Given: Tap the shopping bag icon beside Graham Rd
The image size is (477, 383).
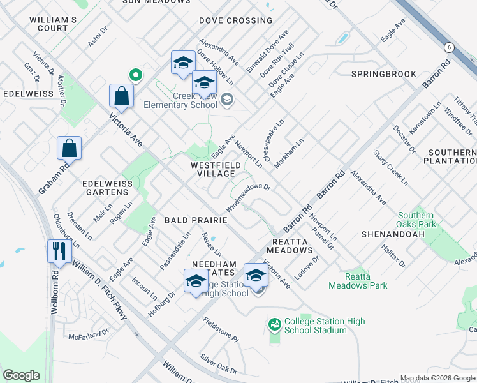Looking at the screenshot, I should click(x=69, y=147).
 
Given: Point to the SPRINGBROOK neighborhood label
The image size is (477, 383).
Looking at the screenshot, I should click(x=383, y=74).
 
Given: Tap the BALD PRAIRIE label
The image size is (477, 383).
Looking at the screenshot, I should click(x=196, y=220).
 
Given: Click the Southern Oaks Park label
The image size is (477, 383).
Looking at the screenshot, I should click(x=417, y=220).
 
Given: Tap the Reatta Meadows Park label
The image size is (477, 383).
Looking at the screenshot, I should click(x=358, y=281).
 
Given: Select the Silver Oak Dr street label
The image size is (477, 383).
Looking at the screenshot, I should click(x=219, y=364).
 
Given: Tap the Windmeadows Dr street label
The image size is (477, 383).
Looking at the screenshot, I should click(x=249, y=198).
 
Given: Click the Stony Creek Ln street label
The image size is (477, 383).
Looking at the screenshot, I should click(x=390, y=168).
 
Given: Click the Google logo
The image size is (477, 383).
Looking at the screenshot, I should click(x=21, y=375).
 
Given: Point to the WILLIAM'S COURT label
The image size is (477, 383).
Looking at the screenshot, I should click(x=53, y=24).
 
